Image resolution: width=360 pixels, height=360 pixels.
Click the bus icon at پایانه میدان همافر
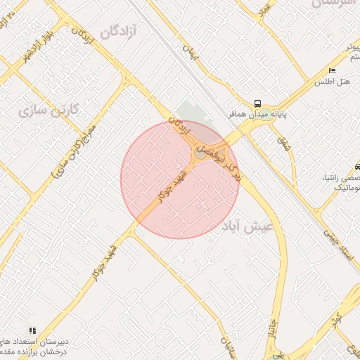point(259,101)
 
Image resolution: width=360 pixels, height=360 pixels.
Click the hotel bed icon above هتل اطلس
point(332,71)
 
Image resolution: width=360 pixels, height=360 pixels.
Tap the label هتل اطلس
point(339,82)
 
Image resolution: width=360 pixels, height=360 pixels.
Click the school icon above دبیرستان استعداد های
point(32,330)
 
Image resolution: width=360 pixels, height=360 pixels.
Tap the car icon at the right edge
point(358,167)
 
